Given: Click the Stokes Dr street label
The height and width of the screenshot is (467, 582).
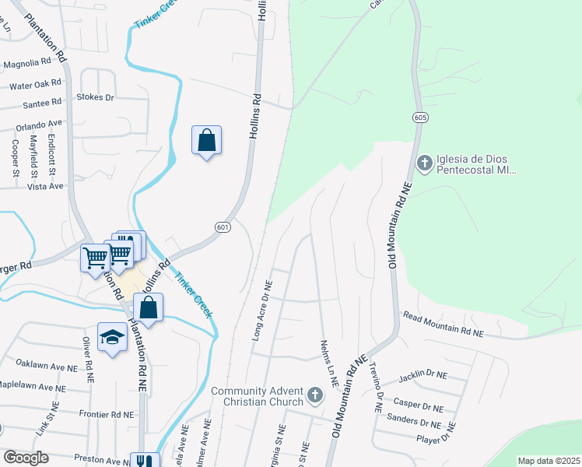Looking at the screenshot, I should point(95,97).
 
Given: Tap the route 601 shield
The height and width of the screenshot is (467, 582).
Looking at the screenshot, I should point(223,226).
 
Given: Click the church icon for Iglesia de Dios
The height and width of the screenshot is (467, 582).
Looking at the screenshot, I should point(424,163).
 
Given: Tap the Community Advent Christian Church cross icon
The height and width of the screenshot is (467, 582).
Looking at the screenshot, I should point(315,395).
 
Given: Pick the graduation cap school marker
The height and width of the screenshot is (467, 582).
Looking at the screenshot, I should point(112,338).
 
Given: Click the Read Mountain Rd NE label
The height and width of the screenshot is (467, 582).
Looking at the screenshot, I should point(443,324).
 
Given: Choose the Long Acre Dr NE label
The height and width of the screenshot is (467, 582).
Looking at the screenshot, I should point(261,311).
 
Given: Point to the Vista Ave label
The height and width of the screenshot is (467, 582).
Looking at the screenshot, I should point(45,187).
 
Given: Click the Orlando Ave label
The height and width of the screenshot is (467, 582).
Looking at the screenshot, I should point(38,124).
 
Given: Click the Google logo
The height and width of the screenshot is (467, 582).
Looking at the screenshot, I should point(26,457).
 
